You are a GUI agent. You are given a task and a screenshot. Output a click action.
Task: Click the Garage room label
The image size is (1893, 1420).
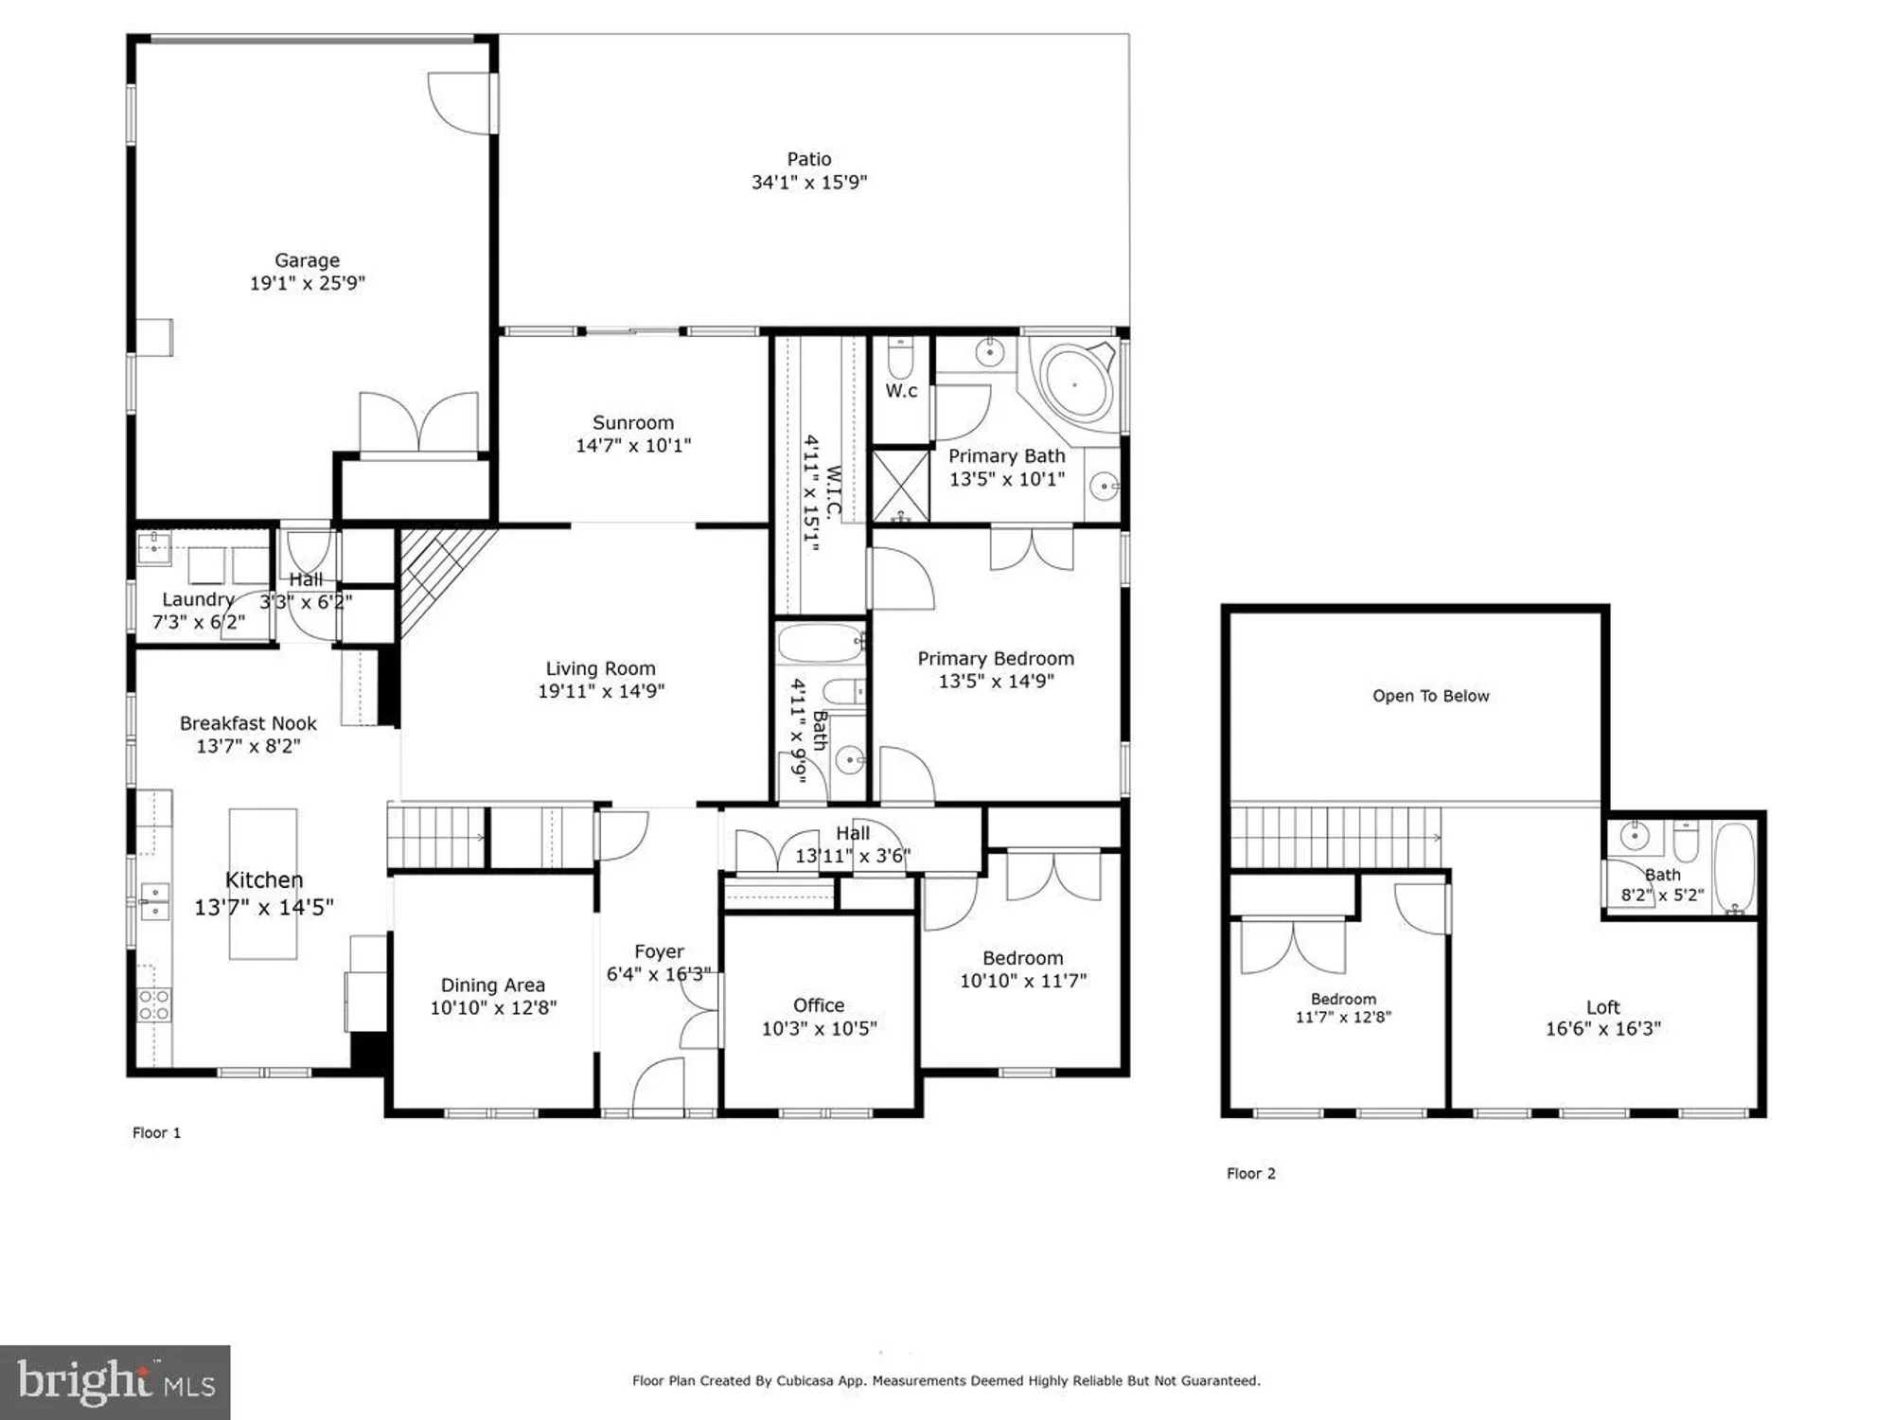click(307, 260)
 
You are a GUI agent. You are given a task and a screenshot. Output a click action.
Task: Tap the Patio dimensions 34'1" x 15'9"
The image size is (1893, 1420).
click(808, 183)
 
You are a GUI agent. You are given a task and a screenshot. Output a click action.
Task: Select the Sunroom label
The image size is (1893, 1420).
click(632, 423)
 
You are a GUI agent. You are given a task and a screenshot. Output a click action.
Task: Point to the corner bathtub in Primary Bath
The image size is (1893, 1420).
click(1075, 384)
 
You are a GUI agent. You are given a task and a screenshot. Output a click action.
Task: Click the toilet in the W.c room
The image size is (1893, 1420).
click(899, 360)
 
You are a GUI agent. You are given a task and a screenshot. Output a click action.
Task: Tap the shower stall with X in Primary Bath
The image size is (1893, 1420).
click(900, 486)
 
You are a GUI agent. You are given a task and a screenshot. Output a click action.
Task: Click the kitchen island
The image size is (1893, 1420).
click(262, 883)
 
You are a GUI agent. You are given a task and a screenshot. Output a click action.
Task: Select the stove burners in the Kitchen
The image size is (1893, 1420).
click(154, 1004)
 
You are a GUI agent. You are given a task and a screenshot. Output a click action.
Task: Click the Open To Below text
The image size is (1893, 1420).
click(1430, 696)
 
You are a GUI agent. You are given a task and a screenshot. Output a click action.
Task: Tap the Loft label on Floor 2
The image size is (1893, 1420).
click(1602, 1007)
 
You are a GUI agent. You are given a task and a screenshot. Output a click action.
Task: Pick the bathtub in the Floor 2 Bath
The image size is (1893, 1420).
click(1734, 866)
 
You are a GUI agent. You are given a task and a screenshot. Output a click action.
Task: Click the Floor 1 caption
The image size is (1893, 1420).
click(156, 1132)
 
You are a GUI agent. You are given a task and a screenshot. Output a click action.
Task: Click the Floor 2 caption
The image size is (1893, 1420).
click(1250, 1173)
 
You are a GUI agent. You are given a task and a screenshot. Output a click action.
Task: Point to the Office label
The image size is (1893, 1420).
click(818, 1005)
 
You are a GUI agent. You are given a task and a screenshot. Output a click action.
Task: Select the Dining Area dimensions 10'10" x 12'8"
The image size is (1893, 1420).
click(492, 1008)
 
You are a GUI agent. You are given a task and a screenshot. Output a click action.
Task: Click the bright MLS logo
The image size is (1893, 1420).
click(115, 1382)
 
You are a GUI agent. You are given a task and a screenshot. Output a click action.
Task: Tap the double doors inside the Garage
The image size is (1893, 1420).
click(417, 422)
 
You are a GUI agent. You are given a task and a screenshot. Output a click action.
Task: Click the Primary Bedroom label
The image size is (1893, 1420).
click(995, 658)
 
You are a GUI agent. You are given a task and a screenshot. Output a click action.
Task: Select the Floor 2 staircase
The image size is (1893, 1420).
click(1335, 837)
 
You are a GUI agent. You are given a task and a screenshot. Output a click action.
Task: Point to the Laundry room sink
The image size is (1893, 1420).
click(153, 544)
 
